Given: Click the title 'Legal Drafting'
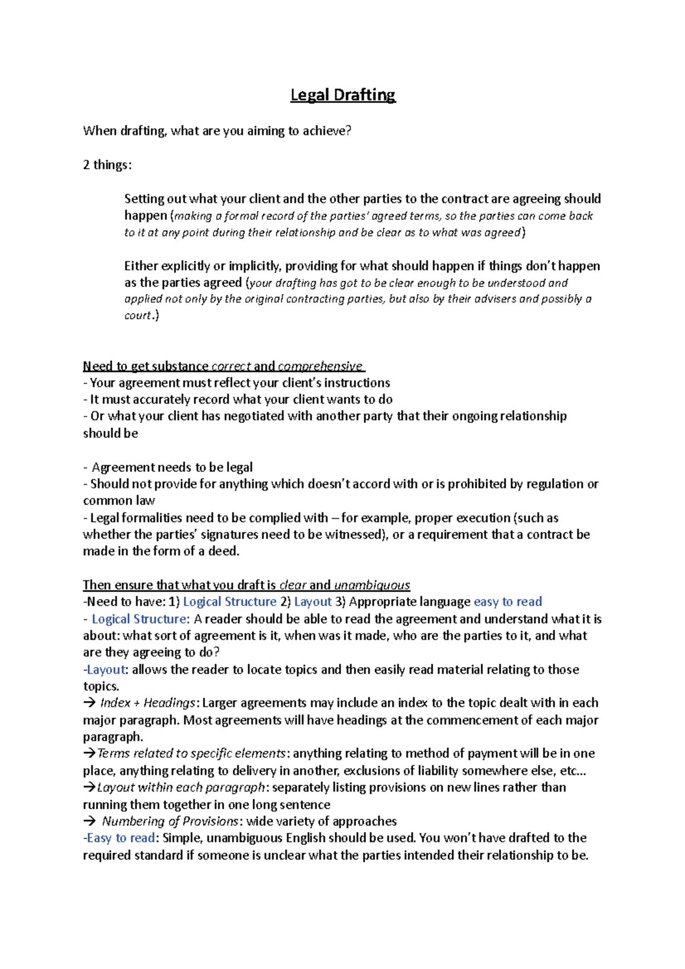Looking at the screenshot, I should coord(342,95).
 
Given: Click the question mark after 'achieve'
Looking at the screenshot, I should coord(348,131).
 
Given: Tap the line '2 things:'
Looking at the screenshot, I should coord(107,165).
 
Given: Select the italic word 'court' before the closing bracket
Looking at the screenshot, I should coord(138,316).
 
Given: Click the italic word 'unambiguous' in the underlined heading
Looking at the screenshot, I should coord(372,585).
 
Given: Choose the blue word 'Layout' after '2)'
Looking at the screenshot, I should coord(313,601).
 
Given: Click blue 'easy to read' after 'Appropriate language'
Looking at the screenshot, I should coord(507,601).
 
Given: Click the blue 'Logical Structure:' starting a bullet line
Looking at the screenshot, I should coord(139,619).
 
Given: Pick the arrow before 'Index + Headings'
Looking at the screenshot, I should coord(89,703).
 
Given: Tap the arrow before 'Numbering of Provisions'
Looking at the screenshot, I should coord(89,821).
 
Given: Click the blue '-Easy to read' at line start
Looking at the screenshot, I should coord(119,838).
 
